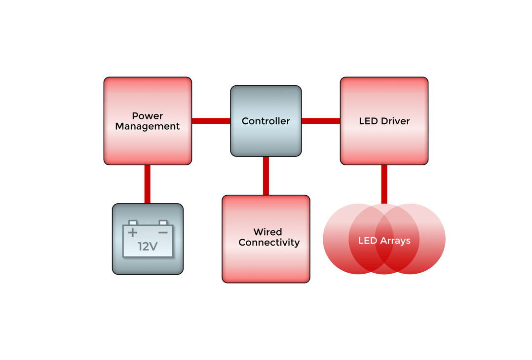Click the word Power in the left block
coord(147,116)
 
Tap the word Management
coord(147,126)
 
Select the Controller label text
coord(266,121)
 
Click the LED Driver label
coord(384,121)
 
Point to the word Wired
coord(267,232)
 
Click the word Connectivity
coord(269,243)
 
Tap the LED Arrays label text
coord(384,241)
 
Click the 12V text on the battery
coord(148,246)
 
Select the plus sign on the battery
coord(133,232)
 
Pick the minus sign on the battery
coord(163,232)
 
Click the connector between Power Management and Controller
coord(211,121)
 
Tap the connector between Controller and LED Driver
coord(320,121)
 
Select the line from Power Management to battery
coord(147,184)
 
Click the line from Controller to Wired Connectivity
coord(266,176)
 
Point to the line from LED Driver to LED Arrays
coord(384,183)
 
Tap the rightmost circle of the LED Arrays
coord(432,239)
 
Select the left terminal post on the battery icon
coord(132,223)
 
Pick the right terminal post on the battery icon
coord(163,223)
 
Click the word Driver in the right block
coord(395,121)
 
